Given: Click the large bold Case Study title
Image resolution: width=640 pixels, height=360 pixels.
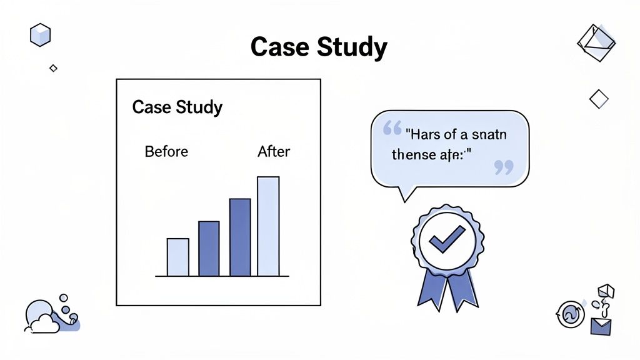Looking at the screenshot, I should (x=319, y=47).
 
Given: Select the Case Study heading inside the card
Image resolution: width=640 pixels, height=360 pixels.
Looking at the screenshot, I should (x=177, y=107).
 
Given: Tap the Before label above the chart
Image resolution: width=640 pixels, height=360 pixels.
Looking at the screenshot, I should (x=166, y=151).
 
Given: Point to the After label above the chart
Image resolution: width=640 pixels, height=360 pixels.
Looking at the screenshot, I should (x=274, y=151).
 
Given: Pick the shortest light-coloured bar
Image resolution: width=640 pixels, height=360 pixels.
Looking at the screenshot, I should (x=177, y=257).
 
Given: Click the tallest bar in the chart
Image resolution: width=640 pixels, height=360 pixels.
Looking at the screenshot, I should (x=268, y=226).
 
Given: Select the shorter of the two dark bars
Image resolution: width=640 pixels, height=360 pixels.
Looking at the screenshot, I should (x=209, y=249).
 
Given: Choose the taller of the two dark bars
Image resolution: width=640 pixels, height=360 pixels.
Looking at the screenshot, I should (x=240, y=237).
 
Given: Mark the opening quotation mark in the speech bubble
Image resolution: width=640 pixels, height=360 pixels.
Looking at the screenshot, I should (x=392, y=129).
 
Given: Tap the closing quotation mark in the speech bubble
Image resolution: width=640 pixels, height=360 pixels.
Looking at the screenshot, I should (x=503, y=167).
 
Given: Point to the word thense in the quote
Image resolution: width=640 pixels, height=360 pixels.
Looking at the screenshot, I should (x=410, y=154).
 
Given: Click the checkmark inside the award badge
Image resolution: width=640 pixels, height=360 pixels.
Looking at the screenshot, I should (x=447, y=239).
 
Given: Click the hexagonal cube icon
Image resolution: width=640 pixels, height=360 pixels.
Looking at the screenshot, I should (x=40, y=34).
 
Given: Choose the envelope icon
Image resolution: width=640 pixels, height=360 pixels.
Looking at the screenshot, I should (x=601, y=326).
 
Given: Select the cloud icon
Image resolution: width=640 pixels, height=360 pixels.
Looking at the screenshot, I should (x=42, y=322).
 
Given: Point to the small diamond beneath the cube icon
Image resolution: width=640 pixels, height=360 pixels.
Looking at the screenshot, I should (x=53, y=68).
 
